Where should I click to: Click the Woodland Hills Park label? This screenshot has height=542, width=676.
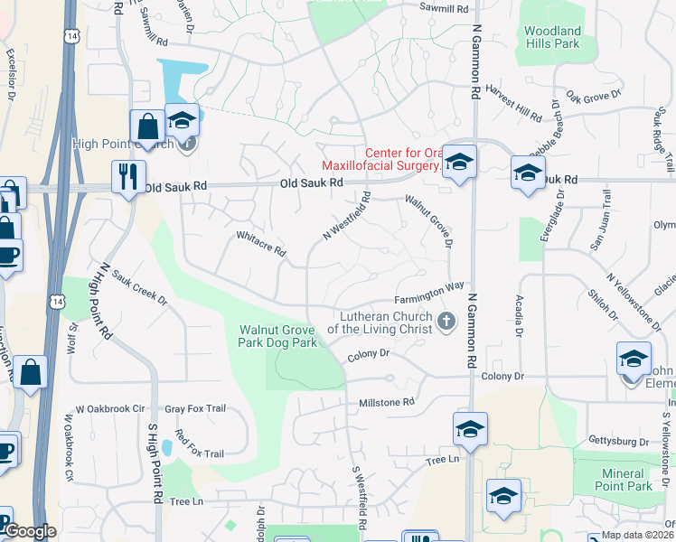[x=553, y=37]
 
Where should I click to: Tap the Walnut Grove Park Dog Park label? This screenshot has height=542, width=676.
[x=277, y=336]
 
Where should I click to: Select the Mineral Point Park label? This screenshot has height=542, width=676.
[x=626, y=480]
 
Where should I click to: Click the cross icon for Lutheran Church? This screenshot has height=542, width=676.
[x=445, y=321]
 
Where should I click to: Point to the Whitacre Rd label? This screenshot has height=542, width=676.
[x=260, y=245]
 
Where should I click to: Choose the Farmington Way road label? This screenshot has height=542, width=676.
[x=428, y=294]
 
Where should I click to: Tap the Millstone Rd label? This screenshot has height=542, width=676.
[x=386, y=402]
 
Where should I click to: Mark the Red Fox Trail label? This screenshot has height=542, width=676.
[x=200, y=440]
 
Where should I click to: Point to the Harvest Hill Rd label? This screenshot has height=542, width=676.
[x=512, y=103]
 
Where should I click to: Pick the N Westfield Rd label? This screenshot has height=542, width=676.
[x=347, y=216]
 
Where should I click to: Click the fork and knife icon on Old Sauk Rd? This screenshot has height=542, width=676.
[x=127, y=175]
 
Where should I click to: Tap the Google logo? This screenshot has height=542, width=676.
[x=29, y=532]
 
